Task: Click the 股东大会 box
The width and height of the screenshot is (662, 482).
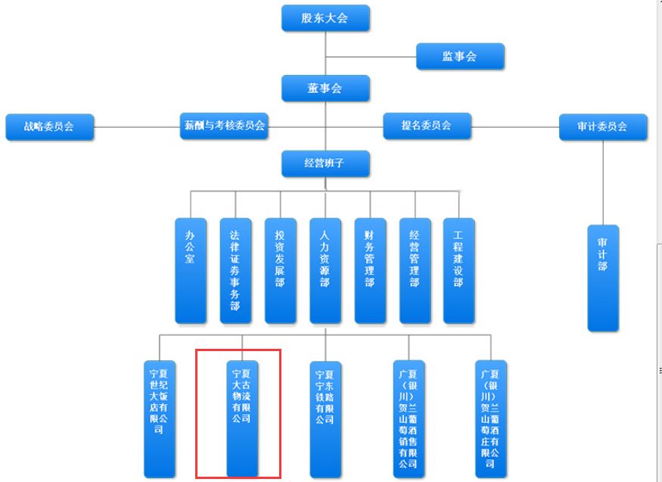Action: (325, 18)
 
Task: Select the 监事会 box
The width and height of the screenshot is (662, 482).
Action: (460, 56)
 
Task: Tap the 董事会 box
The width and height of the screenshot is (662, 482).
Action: (325, 89)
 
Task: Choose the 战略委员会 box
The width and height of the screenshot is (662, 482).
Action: (49, 126)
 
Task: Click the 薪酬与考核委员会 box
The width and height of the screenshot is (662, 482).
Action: (224, 126)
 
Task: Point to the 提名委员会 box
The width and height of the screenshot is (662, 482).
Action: (427, 126)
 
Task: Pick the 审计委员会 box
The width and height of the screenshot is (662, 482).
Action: (603, 126)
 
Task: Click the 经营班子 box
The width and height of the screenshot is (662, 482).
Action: (325, 163)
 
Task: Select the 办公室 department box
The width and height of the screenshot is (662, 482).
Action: (191, 271)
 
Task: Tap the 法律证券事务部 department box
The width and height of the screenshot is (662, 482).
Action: (235, 271)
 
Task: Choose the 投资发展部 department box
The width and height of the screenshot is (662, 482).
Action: (281, 271)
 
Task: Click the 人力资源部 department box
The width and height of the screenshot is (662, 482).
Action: (325, 271)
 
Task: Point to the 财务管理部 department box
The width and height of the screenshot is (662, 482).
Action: (370, 271)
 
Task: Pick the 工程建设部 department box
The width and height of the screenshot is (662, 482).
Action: (459, 271)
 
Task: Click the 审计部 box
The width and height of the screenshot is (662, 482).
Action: (603, 278)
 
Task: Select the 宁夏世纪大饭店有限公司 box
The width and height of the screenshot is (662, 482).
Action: (160, 419)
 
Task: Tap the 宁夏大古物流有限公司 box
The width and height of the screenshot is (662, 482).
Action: (242, 419)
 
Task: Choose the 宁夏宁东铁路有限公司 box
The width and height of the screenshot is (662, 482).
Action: (325, 420)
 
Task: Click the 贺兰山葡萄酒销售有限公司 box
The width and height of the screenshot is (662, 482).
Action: (409, 419)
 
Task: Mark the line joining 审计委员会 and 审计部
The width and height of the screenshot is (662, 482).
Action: (603, 182)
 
